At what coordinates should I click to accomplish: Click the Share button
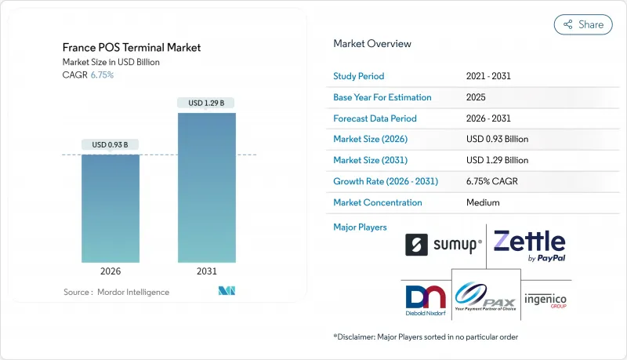[x=583, y=24]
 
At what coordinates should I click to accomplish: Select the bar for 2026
[x=111, y=208]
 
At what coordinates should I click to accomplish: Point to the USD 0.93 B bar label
[x=111, y=144]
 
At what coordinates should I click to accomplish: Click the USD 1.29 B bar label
[x=207, y=103]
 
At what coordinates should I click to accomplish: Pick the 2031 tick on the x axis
[x=207, y=271]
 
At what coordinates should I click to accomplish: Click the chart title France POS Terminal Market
[x=132, y=47]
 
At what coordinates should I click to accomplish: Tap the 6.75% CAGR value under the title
[x=103, y=75]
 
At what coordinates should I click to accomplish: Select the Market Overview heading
[x=372, y=44]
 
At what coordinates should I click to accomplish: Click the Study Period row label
[x=359, y=77]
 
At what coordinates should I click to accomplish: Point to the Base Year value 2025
[x=477, y=97]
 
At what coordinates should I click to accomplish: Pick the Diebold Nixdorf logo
[x=426, y=297]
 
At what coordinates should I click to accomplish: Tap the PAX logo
[x=486, y=295]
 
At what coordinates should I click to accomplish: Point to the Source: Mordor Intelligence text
[x=117, y=292]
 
